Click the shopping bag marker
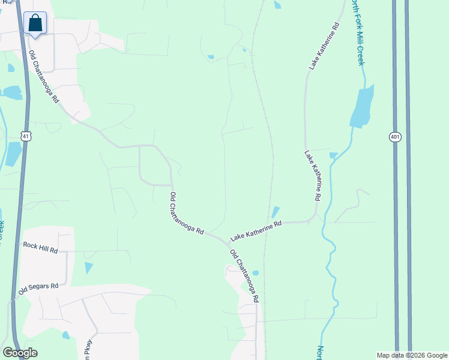pyautogui.click(x=36, y=23)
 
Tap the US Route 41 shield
pyautogui.click(x=25, y=136)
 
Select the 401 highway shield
pyautogui.click(x=394, y=137)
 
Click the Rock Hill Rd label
pyautogui.click(x=40, y=245)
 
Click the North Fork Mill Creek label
pyautogui.click(x=358, y=33)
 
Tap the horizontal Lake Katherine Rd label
pyautogui.click(x=256, y=230)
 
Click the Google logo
pyautogui.click(x=20, y=353)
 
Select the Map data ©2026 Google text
pyautogui.click(x=411, y=355)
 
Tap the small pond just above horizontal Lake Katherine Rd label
pyautogui.click(x=275, y=212)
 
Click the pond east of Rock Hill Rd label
pyautogui.click(x=89, y=268)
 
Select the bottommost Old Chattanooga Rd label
pyautogui.click(x=244, y=276)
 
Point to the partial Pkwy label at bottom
pyautogui.click(x=88, y=350)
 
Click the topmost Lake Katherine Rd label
pyautogui.click(x=324, y=47)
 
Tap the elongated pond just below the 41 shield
pyautogui.click(x=12, y=154)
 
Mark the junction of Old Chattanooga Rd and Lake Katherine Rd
pyautogui.click(x=228, y=243)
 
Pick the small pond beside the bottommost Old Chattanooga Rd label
pyautogui.click(x=256, y=272)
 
